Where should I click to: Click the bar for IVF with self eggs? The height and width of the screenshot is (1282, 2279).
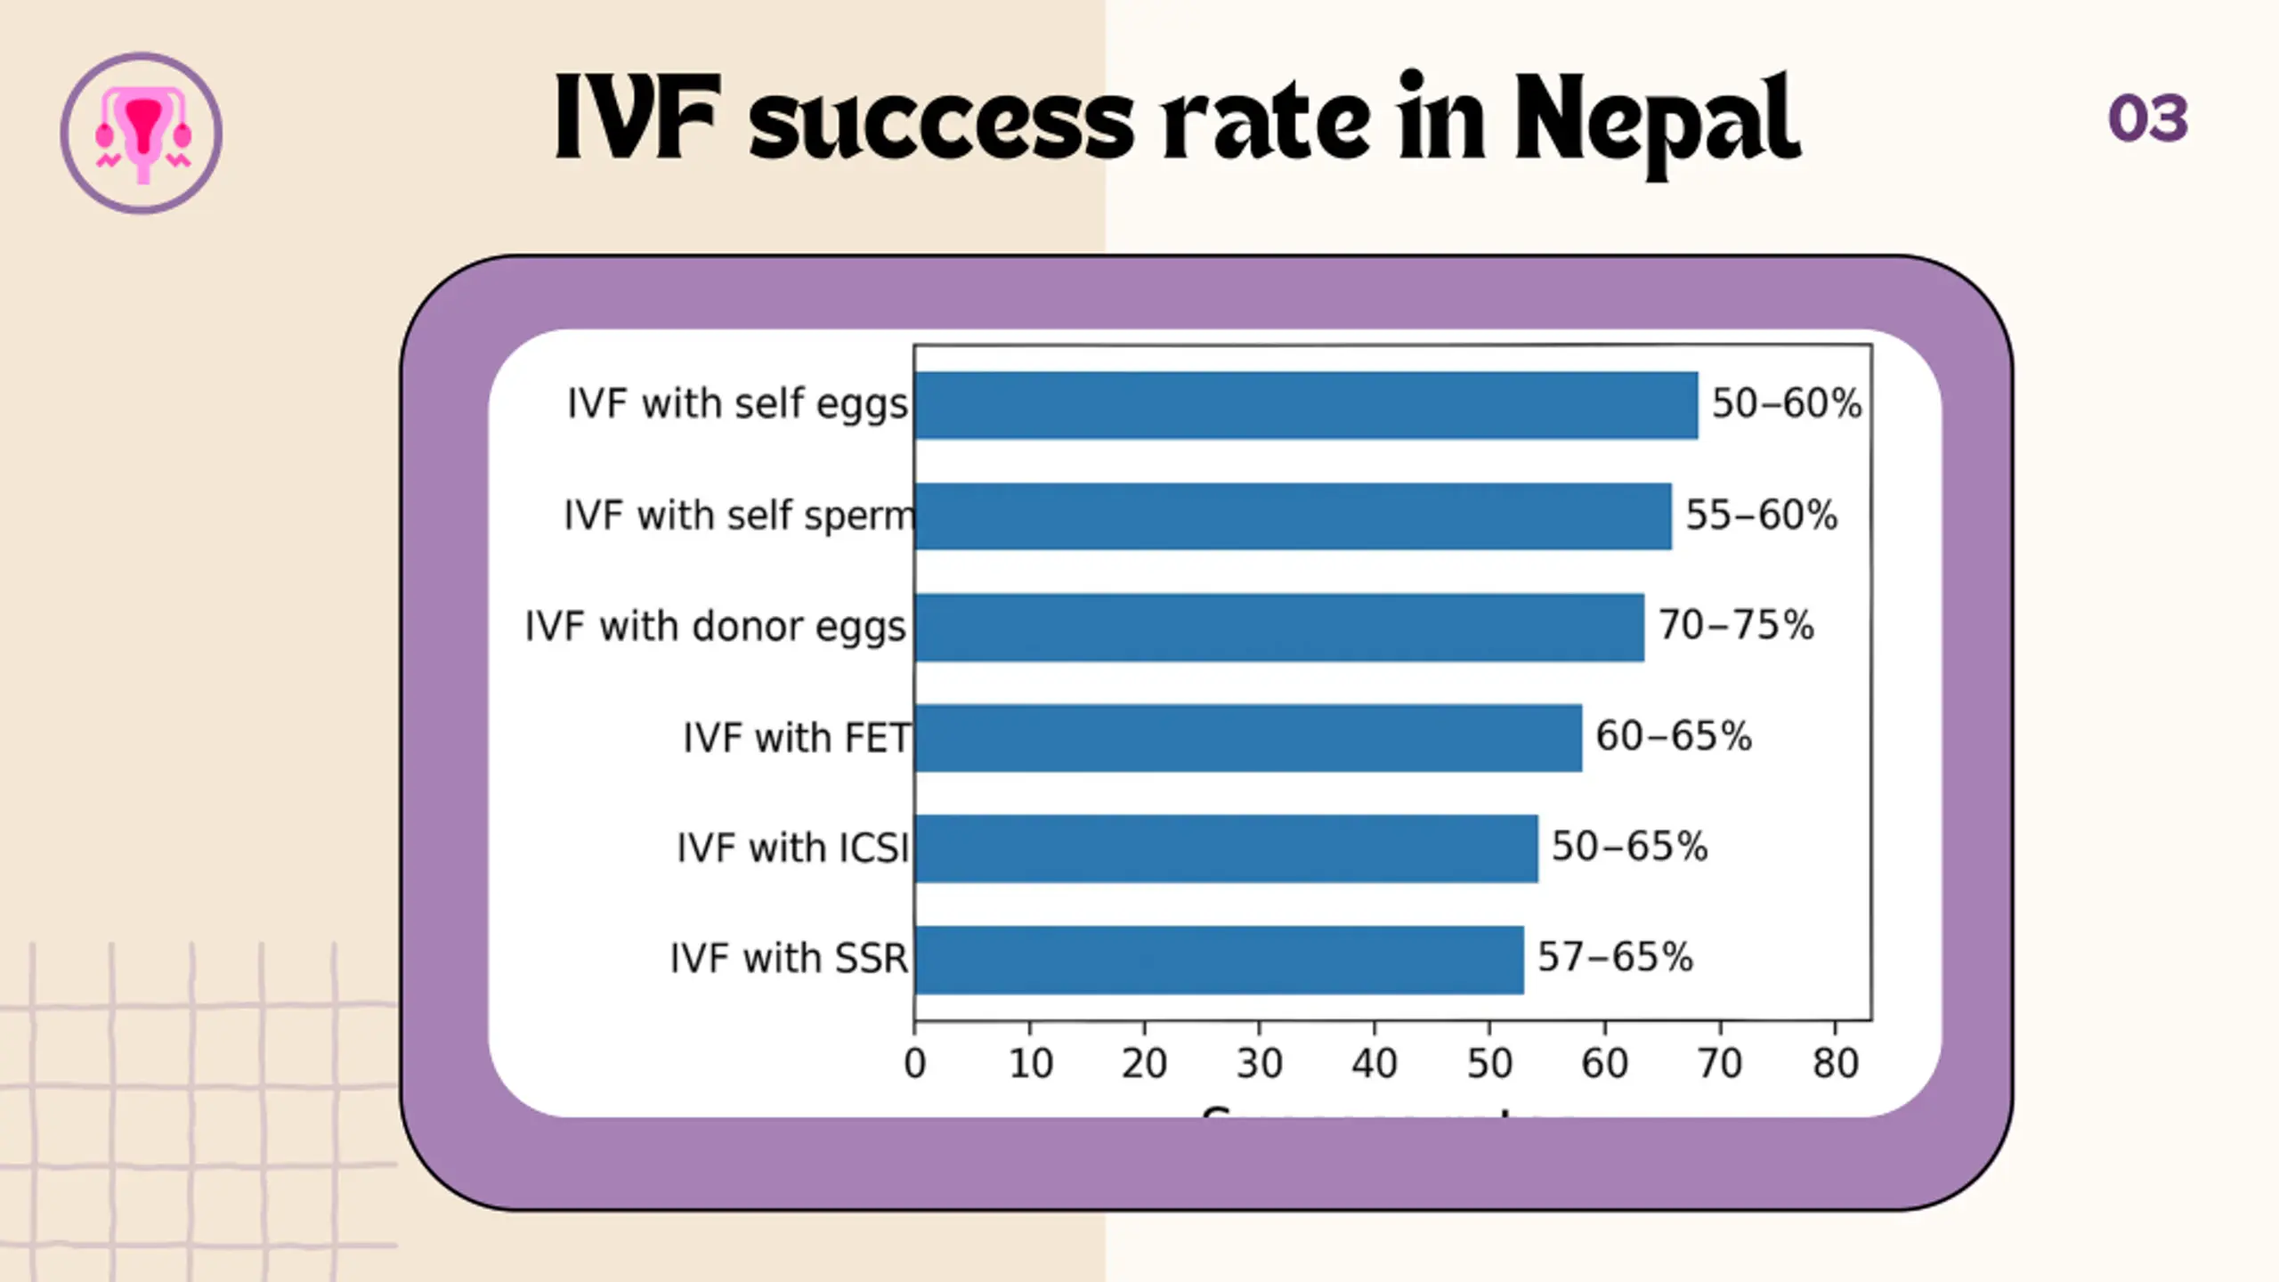tap(1306, 405)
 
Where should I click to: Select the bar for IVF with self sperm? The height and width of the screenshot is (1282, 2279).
tap(1293, 516)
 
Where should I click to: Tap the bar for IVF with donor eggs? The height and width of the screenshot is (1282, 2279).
tap(1279, 627)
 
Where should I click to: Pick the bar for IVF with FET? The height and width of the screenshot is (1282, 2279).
tap(1248, 737)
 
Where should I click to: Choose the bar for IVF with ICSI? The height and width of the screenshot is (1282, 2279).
tap(1226, 848)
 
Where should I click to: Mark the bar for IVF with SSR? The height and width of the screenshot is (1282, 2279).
tap(1219, 959)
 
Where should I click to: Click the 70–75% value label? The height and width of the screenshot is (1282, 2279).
tap(1735, 625)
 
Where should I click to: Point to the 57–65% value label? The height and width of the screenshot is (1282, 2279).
tap(1615, 957)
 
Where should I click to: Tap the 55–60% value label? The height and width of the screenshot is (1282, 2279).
tap(1761, 515)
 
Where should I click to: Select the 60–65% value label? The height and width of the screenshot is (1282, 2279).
tap(1673, 736)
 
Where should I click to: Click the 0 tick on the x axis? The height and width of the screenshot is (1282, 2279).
tap(914, 1063)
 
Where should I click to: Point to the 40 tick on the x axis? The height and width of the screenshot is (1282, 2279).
tap(1374, 1063)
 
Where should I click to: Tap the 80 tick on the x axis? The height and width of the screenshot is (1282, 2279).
tap(1835, 1063)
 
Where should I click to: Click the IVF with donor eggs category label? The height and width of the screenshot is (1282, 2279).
tap(715, 627)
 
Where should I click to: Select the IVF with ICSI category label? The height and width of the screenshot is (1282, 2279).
tap(792, 848)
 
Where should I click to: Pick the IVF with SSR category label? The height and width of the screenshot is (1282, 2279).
tap(788, 959)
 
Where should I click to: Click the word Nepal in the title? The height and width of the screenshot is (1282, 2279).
tap(1656, 120)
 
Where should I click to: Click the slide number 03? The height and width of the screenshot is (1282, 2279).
tap(2147, 118)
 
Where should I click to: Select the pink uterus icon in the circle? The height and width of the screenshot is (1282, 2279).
tap(142, 134)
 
